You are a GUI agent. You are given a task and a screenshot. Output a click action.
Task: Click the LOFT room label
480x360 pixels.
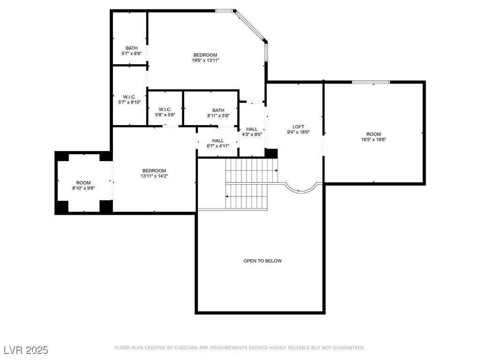click(x=298, y=127)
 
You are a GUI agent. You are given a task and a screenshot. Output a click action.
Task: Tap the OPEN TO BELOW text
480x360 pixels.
click(x=262, y=261)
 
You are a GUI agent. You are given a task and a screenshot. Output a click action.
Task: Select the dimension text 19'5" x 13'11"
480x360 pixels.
click(x=205, y=60)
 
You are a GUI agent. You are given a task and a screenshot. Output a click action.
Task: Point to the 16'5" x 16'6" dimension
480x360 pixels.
click(x=374, y=139)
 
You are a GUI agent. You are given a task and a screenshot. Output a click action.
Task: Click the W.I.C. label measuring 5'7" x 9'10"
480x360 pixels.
click(x=129, y=97)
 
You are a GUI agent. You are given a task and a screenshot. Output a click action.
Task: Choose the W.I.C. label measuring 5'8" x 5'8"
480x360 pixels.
click(x=165, y=109)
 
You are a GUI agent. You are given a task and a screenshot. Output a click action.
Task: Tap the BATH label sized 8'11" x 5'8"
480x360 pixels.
click(x=218, y=110)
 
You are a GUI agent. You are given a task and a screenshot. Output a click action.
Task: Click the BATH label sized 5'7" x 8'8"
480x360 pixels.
click(x=132, y=48)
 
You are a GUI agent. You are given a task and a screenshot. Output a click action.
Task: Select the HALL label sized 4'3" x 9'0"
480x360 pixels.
click(x=252, y=129)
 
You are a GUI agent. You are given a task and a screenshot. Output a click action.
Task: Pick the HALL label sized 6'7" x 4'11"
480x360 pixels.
click(x=217, y=141)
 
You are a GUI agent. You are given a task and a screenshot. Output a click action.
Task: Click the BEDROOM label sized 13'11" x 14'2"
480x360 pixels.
click(x=154, y=171)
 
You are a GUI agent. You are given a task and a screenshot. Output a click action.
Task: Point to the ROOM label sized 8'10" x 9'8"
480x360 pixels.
click(x=83, y=183)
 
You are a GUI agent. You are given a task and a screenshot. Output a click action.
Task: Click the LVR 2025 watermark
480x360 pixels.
click(x=26, y=350)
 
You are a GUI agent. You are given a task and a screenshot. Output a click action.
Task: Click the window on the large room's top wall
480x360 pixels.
click(x=371, y=82)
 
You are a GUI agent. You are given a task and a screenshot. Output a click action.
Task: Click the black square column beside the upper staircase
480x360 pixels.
click(x=271, y=153)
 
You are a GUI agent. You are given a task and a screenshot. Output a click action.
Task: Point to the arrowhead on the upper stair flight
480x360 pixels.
click(x=277, y=171)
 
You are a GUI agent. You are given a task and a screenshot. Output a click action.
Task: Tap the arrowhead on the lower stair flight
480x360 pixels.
click(x=227, y=196)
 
